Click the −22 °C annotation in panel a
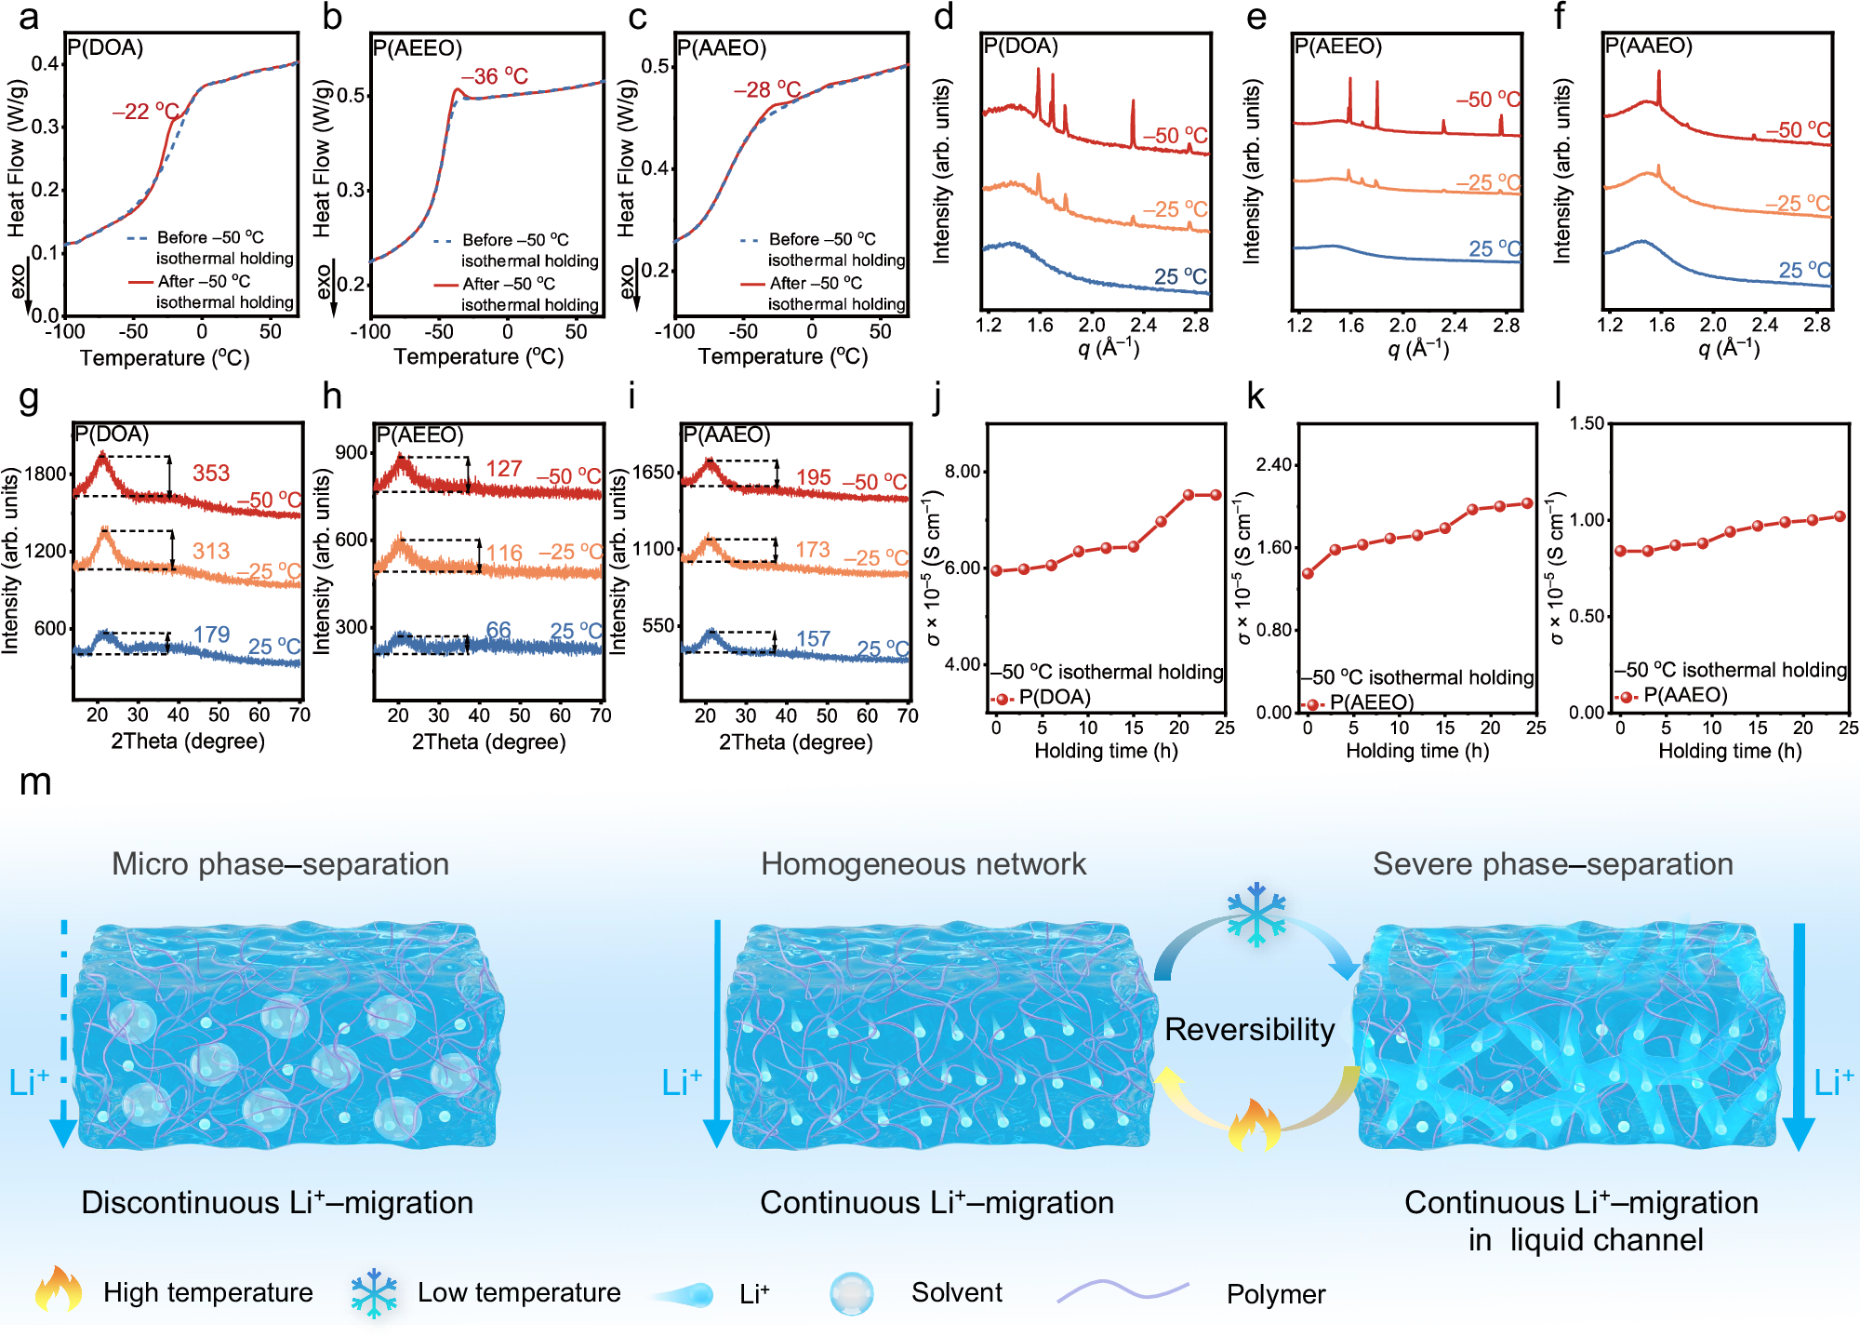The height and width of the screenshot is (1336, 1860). (145, 112)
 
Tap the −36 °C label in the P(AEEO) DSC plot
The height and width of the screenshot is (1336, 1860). (494, 76)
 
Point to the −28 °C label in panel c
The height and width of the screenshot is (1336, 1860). (766, 89)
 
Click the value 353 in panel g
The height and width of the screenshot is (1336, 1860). (211, 473)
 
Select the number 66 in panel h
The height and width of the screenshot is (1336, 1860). (498, 630)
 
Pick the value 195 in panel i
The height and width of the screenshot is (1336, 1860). (813, 477)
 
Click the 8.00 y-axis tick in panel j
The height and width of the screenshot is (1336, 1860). (963, 471)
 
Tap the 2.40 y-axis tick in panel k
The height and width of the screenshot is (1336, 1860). (1274, 464)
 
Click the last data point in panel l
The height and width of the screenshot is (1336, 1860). (1840, 516)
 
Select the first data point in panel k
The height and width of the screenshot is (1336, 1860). (1308, 573)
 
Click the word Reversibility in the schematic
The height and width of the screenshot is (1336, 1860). (1249, 1029)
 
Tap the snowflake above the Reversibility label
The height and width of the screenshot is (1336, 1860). (1255, 914)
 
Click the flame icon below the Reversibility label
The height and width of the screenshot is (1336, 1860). (1254, 1124)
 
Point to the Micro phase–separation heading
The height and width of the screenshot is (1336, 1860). (280, 863)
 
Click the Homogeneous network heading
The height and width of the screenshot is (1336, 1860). (923, 863)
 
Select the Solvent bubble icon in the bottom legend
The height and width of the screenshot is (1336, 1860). (851, 1293)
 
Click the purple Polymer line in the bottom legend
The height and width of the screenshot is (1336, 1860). (1123, 1289)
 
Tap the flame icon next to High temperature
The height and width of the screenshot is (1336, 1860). (58, 1289)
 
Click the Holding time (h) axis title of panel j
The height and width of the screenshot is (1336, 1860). (1106, 750)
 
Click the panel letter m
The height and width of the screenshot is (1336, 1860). (34, 782)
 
